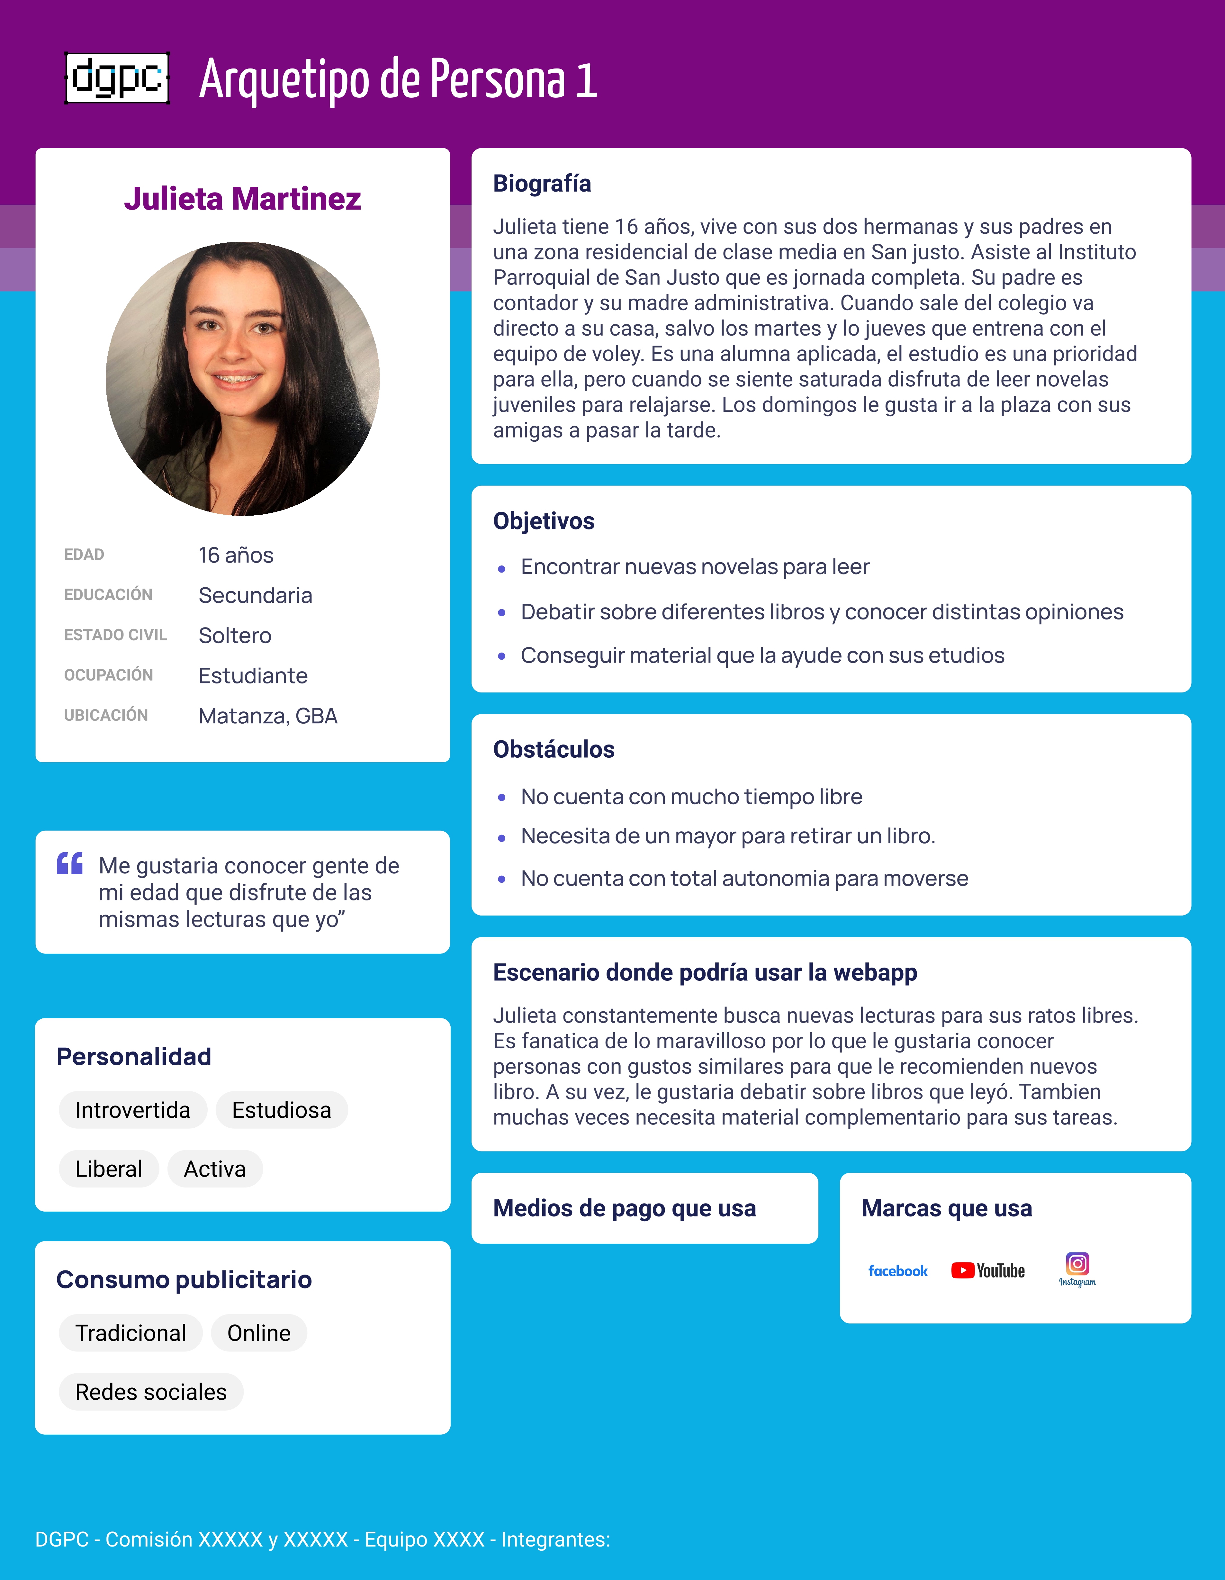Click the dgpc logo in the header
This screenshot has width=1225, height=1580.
pyautogui.click(x=117, y=78)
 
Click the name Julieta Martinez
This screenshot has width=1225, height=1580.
pyautogui.click(x=242, y=199)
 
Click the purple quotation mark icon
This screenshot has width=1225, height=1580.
pyautogui.click(x=70, y=864)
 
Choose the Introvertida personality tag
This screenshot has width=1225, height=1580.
pyautogui.click(x=132, y=1110)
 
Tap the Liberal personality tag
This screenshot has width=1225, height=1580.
pyautogui.click(x=109, y=1169)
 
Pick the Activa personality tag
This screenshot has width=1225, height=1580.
pyautogui.click(x=215, y=1169)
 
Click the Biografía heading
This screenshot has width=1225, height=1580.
pyautogui.click(x=542, y=184)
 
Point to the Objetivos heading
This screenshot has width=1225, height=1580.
pyautogui.click(x=544, y=521)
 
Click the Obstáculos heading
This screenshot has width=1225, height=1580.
pyautogui.click(x=554, y=749)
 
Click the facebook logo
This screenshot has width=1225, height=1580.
pyautogui.click(x=897, y=1271)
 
